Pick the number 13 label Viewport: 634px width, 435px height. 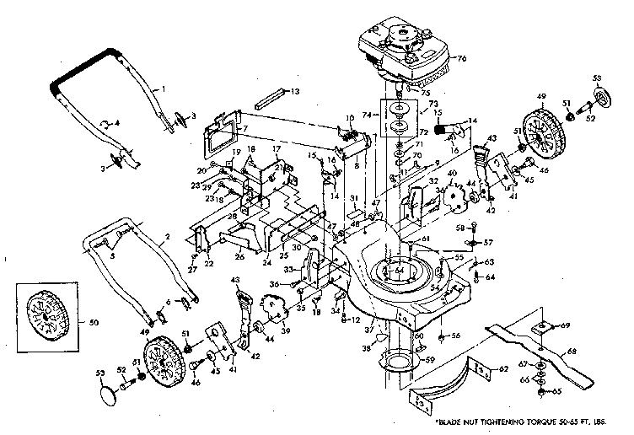tap(295, 90)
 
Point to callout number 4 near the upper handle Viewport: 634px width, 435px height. tap(116, 123)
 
